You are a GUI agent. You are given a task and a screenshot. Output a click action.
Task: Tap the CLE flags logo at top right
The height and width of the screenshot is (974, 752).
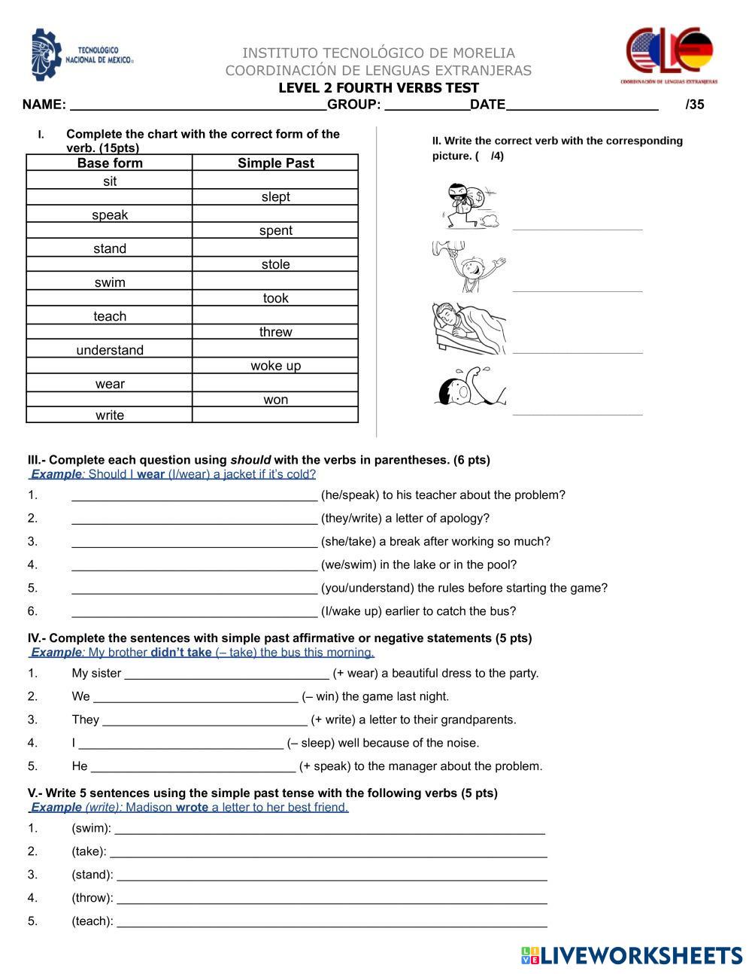click(671, 55)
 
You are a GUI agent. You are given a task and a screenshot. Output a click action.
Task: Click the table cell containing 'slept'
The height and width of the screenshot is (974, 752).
click(275, 197)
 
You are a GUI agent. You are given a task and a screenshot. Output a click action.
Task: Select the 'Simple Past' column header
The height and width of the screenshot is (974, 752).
click(275, 163)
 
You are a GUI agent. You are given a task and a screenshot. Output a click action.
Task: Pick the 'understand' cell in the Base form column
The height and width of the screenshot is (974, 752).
click(110, 350)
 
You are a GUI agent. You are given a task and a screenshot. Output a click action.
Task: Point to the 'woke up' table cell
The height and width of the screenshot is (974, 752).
click(275, 366)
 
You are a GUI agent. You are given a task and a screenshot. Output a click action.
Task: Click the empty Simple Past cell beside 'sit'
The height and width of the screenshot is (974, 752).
click(275, 181)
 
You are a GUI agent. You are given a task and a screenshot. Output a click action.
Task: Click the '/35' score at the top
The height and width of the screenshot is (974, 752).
click(695, 105)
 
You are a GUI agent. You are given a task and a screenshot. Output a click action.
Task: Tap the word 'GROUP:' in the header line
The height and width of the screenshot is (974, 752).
click(354, 105)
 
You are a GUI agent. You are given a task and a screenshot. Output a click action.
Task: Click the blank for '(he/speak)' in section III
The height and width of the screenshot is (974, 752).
click(194, 495)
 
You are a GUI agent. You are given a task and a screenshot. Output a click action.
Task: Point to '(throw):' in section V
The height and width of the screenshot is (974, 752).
click(92, 898)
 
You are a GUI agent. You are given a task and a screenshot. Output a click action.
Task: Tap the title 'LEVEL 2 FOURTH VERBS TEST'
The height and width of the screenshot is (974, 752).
click(378, 87)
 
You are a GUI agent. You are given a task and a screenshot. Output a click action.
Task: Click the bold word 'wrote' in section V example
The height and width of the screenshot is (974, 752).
click(192, 808)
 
